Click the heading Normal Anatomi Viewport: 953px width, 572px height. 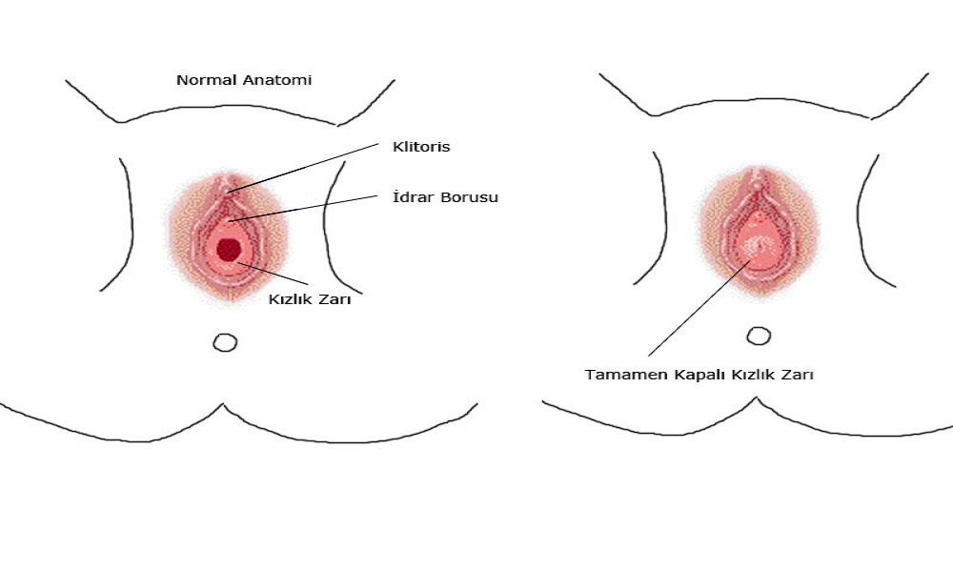244,81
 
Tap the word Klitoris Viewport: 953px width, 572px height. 421,147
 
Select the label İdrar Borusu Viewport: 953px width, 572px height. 445,197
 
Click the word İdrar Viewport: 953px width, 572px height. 411,197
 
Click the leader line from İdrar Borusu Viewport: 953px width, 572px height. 305,209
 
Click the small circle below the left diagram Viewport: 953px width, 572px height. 225,342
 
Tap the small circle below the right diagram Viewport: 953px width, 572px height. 759,336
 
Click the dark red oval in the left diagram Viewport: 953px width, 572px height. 228,250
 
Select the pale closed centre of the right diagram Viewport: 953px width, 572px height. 760,246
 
